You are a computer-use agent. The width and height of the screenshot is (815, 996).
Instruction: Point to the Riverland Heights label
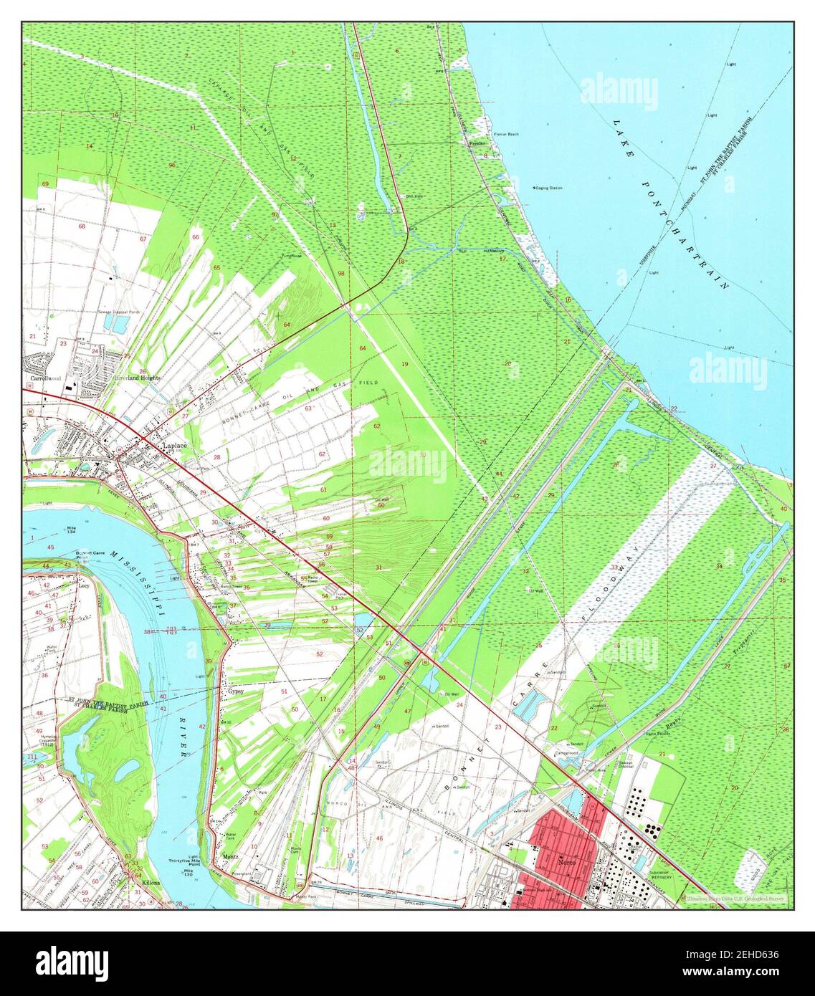[x=137, y=377]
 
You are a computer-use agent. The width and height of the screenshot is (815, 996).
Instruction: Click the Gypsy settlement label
[x=236, y=691]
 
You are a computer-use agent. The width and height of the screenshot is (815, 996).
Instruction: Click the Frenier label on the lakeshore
[x=477, y=143]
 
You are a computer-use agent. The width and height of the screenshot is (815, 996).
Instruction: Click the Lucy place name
[x=84, y=585]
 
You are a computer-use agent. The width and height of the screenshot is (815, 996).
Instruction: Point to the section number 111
[x=32, y=757]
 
